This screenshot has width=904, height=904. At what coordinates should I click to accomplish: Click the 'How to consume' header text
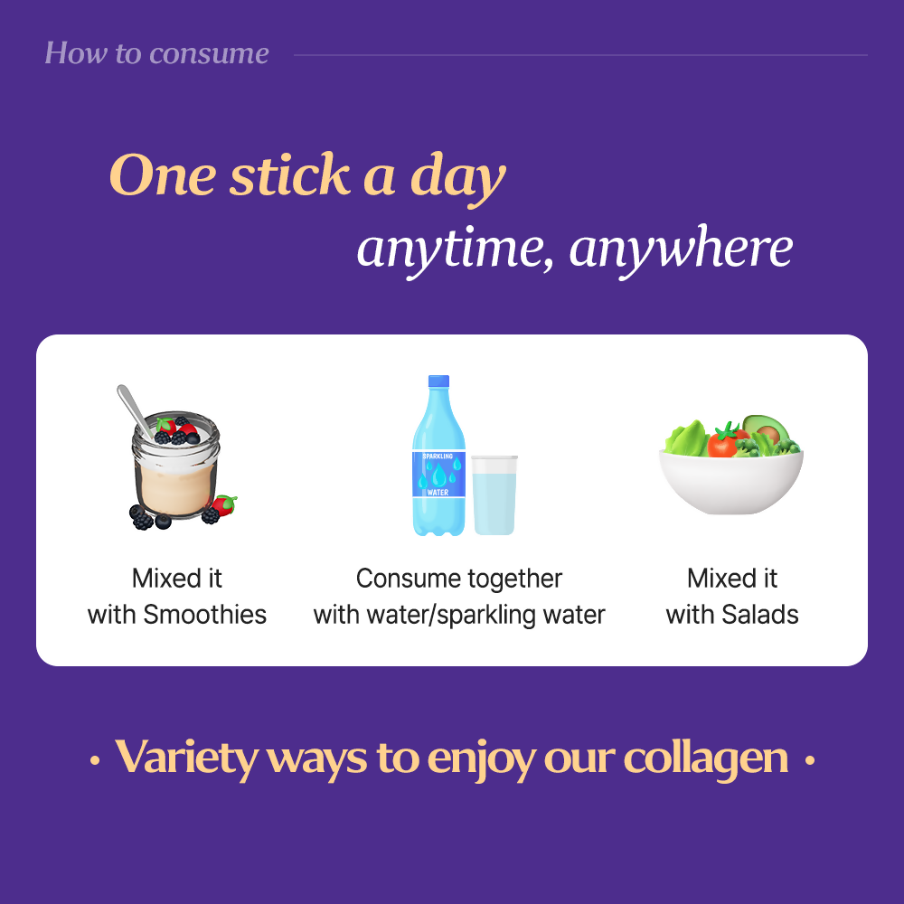pos(156,53)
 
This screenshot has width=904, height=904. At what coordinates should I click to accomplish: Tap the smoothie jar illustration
pos(177,475)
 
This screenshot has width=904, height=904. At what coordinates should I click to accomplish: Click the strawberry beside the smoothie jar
pos(224,505)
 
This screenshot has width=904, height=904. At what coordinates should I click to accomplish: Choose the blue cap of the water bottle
pos(438,383)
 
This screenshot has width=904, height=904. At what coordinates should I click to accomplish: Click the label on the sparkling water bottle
pos(438,474)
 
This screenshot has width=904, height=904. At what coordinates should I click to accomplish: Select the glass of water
pos(494,495)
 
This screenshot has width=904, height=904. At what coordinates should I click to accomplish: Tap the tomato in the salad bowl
pos(722,444)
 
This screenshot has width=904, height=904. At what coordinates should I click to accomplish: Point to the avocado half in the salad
pos(765,428)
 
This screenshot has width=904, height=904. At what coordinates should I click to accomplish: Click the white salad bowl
pos(730,484)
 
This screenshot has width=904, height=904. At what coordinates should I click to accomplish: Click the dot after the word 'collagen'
pos(810,761)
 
